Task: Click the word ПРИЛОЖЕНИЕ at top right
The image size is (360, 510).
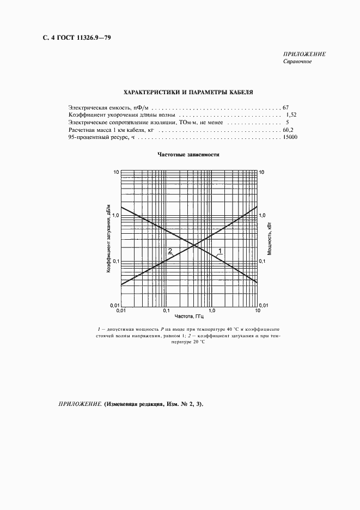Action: pyautogui.click(x=304, y=54)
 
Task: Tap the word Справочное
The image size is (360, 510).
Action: pyautogui.click(x=297, y=62)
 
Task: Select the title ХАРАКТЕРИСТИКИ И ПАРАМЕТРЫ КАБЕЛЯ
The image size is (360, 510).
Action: pyautogui.click(x=188, y=93)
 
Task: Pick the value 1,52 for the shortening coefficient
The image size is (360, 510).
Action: pyautogui.click(x=291, y=115)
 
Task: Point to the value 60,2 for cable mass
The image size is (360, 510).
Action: pyautogui.click(x=288, y=131)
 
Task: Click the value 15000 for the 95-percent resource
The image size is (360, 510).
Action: pyautogui.click(x=290, y=138)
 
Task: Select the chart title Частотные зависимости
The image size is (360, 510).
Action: pyautogui.click(x=188, y=154)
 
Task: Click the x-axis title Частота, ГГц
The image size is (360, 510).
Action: pyautogui.click(x=189, y=316)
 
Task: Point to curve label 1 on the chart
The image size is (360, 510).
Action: pyautogui.click(x=220, y=251)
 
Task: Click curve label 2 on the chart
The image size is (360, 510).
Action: pyautogui.click(x=170, y=251)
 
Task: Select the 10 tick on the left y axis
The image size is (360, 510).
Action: pyautogui.click(x=115, y=172)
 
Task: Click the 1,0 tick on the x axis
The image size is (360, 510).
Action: pyautogui.click(x=212, y=311)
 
